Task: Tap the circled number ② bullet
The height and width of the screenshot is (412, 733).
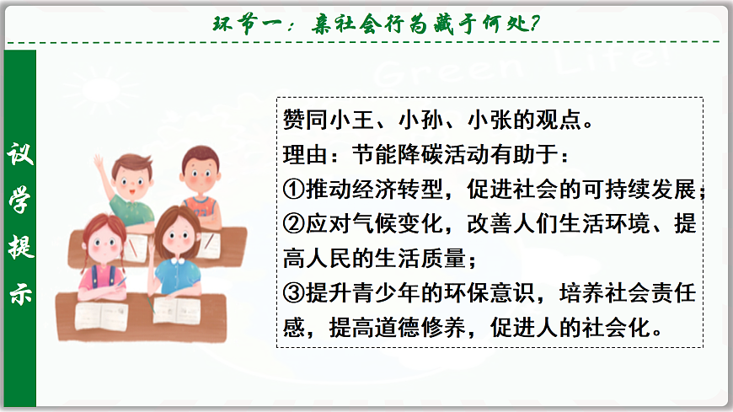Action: pos(293,225)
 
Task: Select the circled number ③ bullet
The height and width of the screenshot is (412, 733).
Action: pos(293,292)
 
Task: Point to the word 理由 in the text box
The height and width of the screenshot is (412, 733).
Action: pos(301,155)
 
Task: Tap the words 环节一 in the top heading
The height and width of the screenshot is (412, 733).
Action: pos(248,23)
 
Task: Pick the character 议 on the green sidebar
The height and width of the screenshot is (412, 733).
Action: pos(19,156)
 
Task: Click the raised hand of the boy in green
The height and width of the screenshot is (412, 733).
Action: pos(99,160)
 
